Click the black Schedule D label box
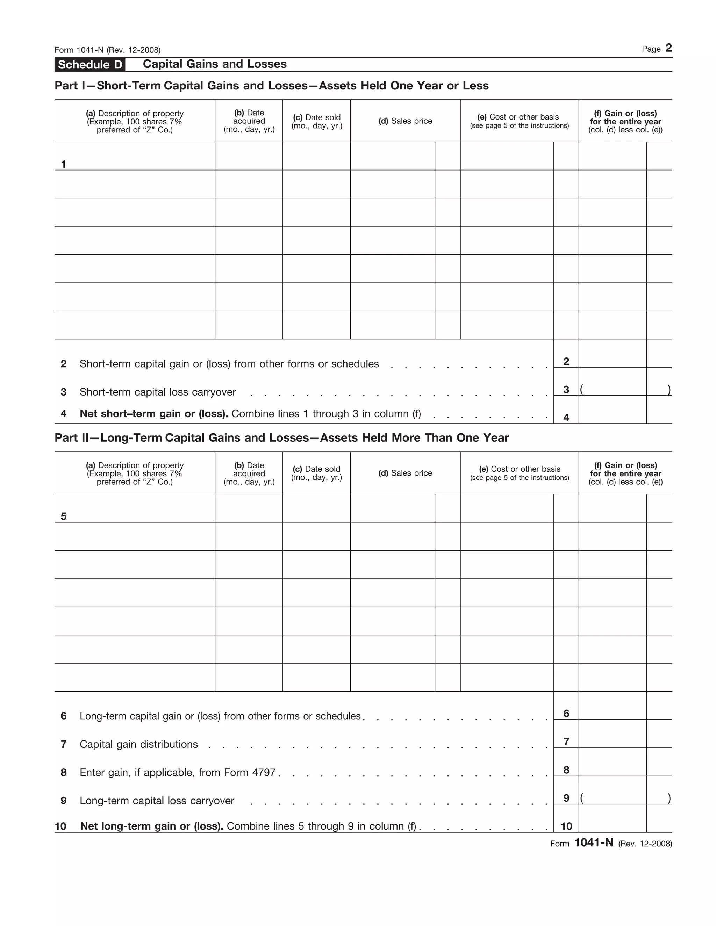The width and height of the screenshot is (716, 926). pos(89,64)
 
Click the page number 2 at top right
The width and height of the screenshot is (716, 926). pos(668,48)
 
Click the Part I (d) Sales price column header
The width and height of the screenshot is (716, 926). pos(405,121)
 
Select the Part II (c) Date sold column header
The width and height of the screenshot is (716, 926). pos(316,473)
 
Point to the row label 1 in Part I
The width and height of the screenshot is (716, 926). pos(64,164)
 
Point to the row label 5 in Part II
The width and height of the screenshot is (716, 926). pos(64,516)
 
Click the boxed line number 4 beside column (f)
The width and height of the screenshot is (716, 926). pos(566,418)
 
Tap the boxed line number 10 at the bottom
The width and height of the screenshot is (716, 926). pos(566,826)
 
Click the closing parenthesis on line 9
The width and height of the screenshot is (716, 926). pos(669,798)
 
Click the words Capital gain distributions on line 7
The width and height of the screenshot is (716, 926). pos(139,744)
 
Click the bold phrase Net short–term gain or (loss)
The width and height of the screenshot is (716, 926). pos(153,413)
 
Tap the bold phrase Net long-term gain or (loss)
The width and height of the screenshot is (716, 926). pos(151,826)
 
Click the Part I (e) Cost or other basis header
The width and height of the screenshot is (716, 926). pos(519,121)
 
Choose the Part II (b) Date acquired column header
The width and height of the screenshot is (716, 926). pos(249,473)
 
